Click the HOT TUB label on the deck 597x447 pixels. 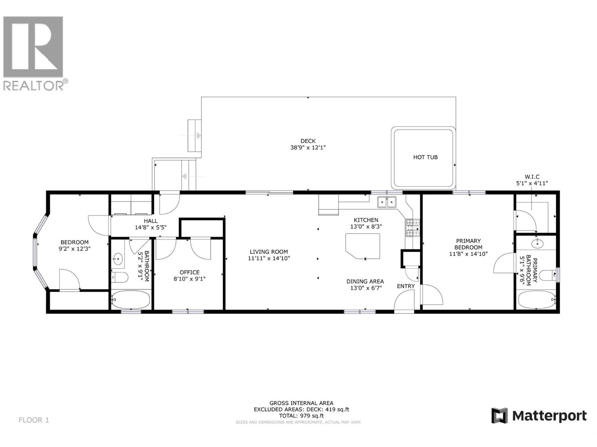click(425, 157)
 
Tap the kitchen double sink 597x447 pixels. click(387, 202)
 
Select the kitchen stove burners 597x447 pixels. click(413, 228)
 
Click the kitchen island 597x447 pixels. click(362, 246)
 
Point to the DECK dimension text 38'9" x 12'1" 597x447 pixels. click(308, 148)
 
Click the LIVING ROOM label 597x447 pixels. click(269, 252)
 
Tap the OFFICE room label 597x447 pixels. click(190, 272)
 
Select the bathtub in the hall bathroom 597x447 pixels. click(131, 300)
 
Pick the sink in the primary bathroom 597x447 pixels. click(537, 244)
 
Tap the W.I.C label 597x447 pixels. click(532, 177)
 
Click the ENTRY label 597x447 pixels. click(406, 286)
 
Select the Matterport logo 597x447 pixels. click(539, 416)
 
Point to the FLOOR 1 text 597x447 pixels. click(34, 420)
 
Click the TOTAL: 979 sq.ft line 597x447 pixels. click(301, 416)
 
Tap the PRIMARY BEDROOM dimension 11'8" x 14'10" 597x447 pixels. click(468, 254)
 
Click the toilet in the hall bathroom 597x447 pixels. click(121, 277)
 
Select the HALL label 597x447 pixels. click(151, 221)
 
